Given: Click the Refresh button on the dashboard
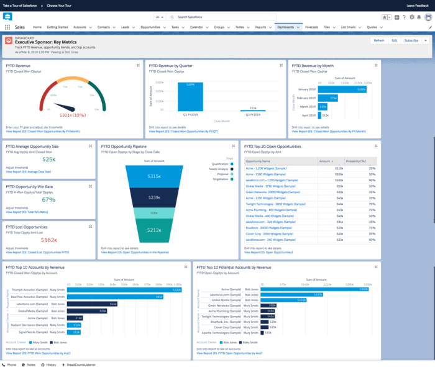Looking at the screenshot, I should tap(378, 40).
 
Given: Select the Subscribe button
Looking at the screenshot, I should tap(411, 40).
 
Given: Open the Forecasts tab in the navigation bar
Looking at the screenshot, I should tap(311, 27).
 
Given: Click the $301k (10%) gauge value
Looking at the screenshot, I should tap(73, 115).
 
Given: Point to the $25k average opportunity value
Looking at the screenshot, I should tap(48, 160).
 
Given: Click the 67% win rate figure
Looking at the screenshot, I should tap(48, 199).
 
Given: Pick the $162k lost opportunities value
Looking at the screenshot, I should tap(48, 239).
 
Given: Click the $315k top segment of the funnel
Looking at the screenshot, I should tap(154, 177).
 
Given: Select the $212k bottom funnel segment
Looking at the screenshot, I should tap(154, 230).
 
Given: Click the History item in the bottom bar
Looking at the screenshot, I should tap(50, 365).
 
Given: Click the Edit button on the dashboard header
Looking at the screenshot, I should tap(394, 40).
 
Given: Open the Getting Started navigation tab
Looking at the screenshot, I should tap(58, 27).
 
